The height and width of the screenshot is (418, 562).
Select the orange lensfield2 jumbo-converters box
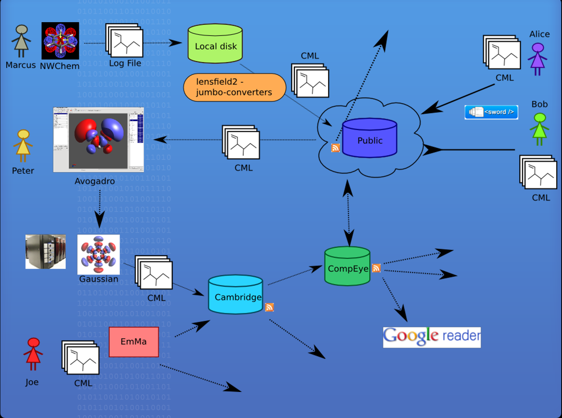[x=234, y=87]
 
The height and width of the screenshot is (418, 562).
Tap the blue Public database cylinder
[x=370, y=138]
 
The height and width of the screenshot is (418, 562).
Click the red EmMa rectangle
[x=134, y=342]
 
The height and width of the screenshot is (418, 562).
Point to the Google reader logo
[x=432, y=337]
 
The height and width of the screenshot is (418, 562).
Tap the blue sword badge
[x=491, y=112]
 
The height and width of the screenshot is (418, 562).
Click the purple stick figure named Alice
[x=537, y=59]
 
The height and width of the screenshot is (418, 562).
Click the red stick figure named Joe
[x=33, y=354]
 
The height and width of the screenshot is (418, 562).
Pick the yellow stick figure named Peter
[x=23, y=146]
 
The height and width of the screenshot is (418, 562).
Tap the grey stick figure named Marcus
[x=21, y=41]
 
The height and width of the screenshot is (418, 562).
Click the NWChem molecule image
[x=60, y=41]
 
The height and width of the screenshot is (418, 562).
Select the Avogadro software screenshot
[x=99, y=140]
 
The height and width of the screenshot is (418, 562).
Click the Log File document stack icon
[x=124, y=40]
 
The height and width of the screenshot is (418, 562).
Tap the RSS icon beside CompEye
[x=376, y=268]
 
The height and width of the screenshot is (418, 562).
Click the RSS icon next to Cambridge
[x=269, y=307]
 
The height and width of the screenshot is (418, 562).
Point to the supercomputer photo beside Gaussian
[x=46, y=252]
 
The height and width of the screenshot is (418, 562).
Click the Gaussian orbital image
[x=99, y=254]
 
